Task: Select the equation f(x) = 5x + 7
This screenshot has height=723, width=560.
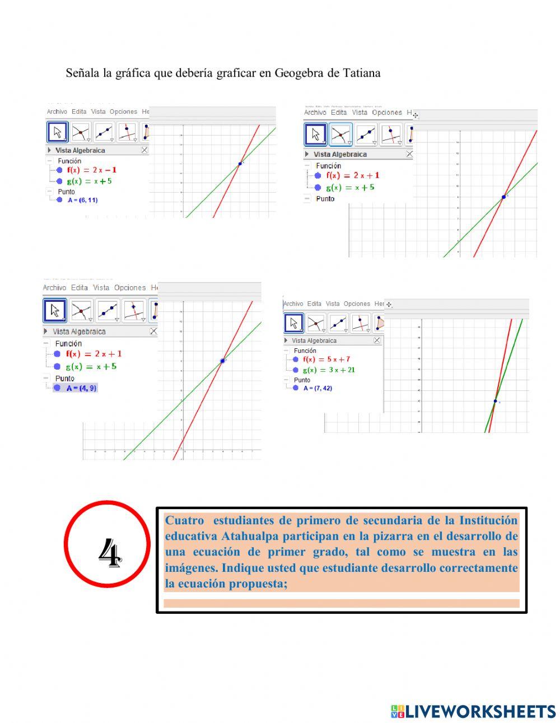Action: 326,360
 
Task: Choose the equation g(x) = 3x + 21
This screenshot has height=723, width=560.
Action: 329,370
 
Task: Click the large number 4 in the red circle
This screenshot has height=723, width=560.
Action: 109,553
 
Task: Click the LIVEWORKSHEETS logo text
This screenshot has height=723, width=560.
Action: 480,711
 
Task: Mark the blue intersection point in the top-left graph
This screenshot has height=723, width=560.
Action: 240,164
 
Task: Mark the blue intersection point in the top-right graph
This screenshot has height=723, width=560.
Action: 503,197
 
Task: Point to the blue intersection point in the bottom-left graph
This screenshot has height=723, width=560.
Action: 222,361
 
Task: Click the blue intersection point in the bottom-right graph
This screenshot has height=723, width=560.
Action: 495,400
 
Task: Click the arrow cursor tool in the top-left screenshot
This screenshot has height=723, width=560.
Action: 57,133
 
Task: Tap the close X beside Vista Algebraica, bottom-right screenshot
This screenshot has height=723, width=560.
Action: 377,340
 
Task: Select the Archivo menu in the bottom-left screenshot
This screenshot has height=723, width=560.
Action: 55,287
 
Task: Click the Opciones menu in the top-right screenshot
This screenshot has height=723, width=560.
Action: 387,113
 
